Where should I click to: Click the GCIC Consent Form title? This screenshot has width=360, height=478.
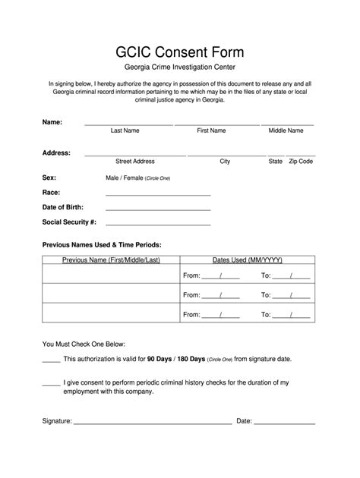(179, 52)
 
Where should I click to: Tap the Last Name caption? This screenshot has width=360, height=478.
(125, 131)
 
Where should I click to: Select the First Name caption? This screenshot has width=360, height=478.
(211, 131)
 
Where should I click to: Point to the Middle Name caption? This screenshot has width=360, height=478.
(286, 131)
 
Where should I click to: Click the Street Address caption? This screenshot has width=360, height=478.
(135, 162)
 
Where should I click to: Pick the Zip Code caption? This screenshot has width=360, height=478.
(301, 162)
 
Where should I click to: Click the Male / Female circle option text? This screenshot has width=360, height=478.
(137, 178)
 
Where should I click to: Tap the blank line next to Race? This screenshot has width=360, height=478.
(158, 194)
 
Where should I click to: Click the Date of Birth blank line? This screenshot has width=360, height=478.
(158, 209)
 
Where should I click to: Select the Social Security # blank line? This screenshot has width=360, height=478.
(158, 225)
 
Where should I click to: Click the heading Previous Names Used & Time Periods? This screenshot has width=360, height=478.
(102, 245)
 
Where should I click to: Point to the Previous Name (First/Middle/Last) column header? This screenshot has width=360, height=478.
(111, 260)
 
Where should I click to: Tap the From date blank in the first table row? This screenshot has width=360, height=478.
(221, 277)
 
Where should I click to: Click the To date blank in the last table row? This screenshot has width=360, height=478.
(292, 313)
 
